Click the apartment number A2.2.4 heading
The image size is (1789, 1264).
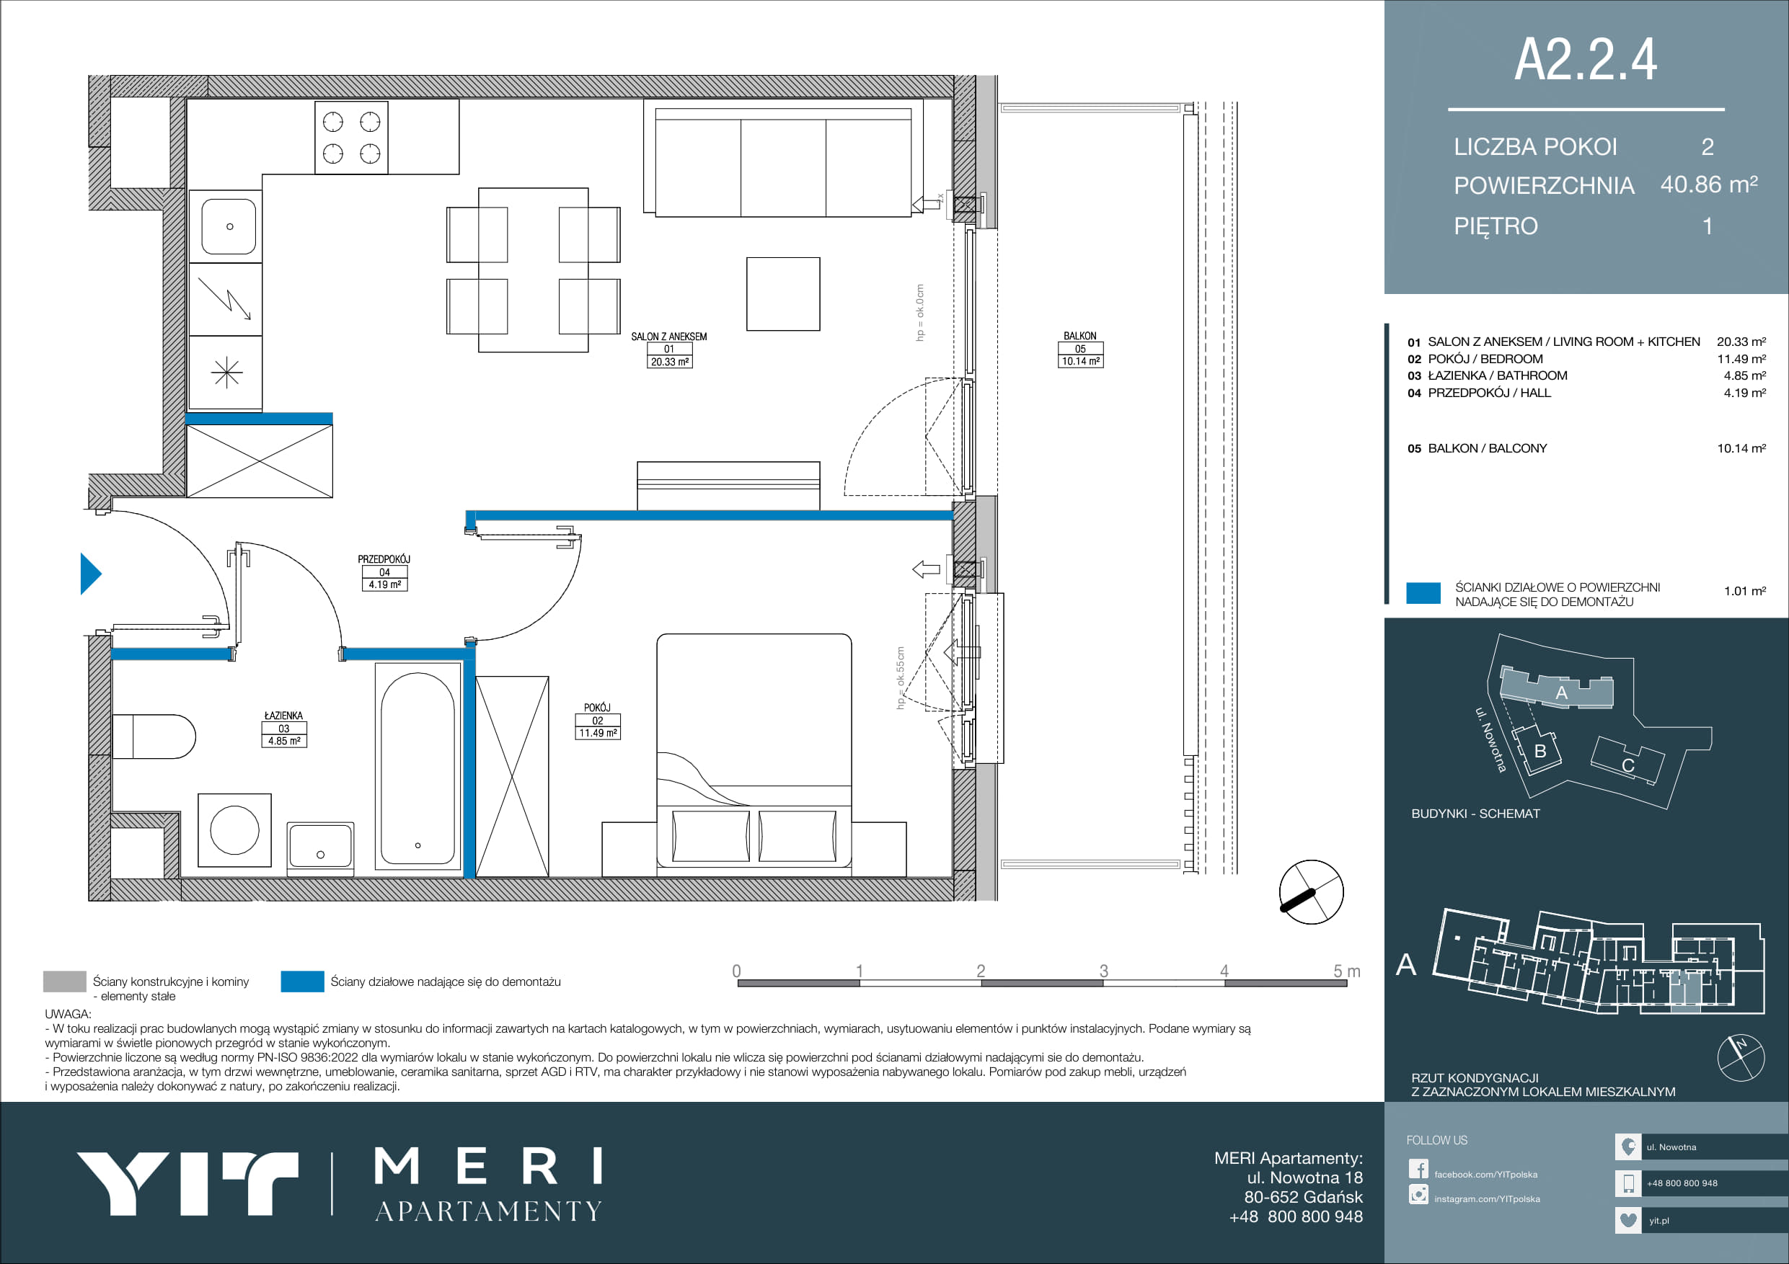pyautogui.click(x=1585, y=59)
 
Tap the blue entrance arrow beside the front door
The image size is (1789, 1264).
pyautogui.click(x=90, y=574)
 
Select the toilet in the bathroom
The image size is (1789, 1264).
pyautogui.click(x=154, y=736)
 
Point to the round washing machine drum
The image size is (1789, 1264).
pyautogui.click(x=234, y=830)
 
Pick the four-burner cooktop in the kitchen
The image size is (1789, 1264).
pyautogui.click(x=351, y=138)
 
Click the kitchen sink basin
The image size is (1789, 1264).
pyautogui.click(x=229, y=226)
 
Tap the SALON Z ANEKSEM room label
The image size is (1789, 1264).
pyautogui.click(x=669, y=337)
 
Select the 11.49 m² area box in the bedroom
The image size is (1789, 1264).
pyautogui.click(x=598, y=733)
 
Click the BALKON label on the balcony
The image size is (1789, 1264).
pyautogui.click(x=1080, y=336)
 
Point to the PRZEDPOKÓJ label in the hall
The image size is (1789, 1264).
pyautogui.click(x=384, y=559)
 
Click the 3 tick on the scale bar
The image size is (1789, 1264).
pyautogui.click(x=1103, y=971)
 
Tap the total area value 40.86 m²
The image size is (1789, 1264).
pyautogui.click(x=1709, y=184)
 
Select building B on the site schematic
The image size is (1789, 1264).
pyautogui.click(x=1539, y=750)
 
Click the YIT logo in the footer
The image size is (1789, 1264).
pyautogui.click(x=187, y=1184)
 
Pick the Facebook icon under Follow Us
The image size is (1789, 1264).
pyautogui.click(x=1418, y=1169)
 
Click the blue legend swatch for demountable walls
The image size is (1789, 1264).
pyautogui.click(x=302, y=982)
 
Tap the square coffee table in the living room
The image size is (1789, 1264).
pyautogui.click(x=783, y=295)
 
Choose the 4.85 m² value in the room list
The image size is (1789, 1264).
pyautogui.click(x=1744, y=375)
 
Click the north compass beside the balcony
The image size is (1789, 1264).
pyautogui.click(x=1312, y=891)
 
